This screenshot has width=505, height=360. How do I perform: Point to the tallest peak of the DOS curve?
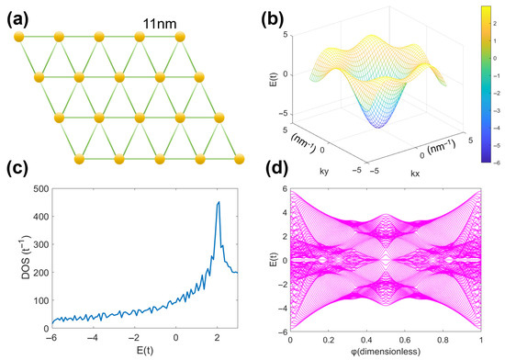[x=219, y=203]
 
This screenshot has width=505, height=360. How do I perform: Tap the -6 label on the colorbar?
[x=493, y=157]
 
